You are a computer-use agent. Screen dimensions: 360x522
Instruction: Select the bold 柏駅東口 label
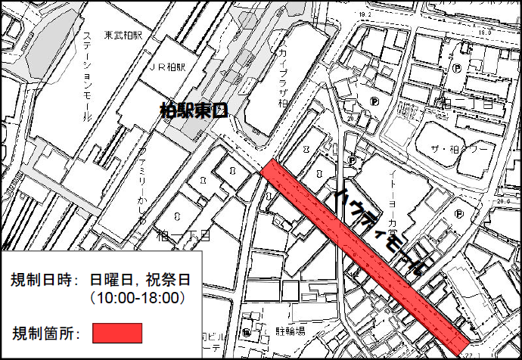pyautogui.click(x=194, y=110)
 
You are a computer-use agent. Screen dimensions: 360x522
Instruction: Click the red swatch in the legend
pyautogui.click(x=117, y=332)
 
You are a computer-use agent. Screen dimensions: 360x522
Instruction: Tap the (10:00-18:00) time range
pyautogui.click(x=137, y=297)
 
